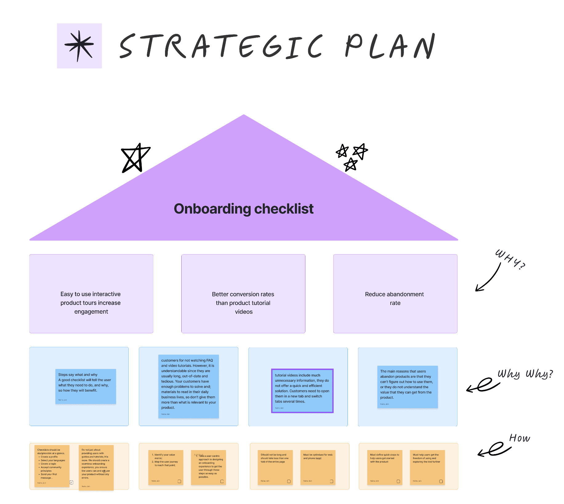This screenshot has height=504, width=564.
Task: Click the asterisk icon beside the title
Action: click(x=79, y=46)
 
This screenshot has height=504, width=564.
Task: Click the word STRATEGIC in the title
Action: click(x=221, y=46)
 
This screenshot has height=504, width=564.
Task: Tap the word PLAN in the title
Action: click(x=390, y=46)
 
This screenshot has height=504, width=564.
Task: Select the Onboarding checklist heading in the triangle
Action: click(x=244, y=209)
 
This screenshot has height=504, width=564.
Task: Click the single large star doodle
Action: click(x=135, y=158)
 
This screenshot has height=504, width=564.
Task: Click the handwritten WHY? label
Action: click(x=510, y=260)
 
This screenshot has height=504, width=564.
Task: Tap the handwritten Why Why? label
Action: click(x=525, y=374)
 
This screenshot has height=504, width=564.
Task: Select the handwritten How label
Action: click(x=519, y=438)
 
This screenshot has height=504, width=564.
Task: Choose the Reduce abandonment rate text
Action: click(x=395, y=299)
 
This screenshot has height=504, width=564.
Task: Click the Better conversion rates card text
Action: click(x=243, y=303)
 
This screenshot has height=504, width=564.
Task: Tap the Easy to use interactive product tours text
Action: click(x=91, y=303)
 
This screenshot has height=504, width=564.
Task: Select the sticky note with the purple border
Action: click(x=302, y=391)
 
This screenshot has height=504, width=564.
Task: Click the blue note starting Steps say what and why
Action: click(x=86, y=386)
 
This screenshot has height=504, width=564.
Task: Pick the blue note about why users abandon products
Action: click(x=407, y=387)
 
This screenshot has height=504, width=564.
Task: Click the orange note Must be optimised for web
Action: click(x=318, y=467)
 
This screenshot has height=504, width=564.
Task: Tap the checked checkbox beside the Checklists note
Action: click(x=71, y=482)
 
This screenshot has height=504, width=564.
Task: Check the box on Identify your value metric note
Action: click(x=179, y=481)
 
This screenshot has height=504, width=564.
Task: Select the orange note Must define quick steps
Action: click(x=385, y=467)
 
